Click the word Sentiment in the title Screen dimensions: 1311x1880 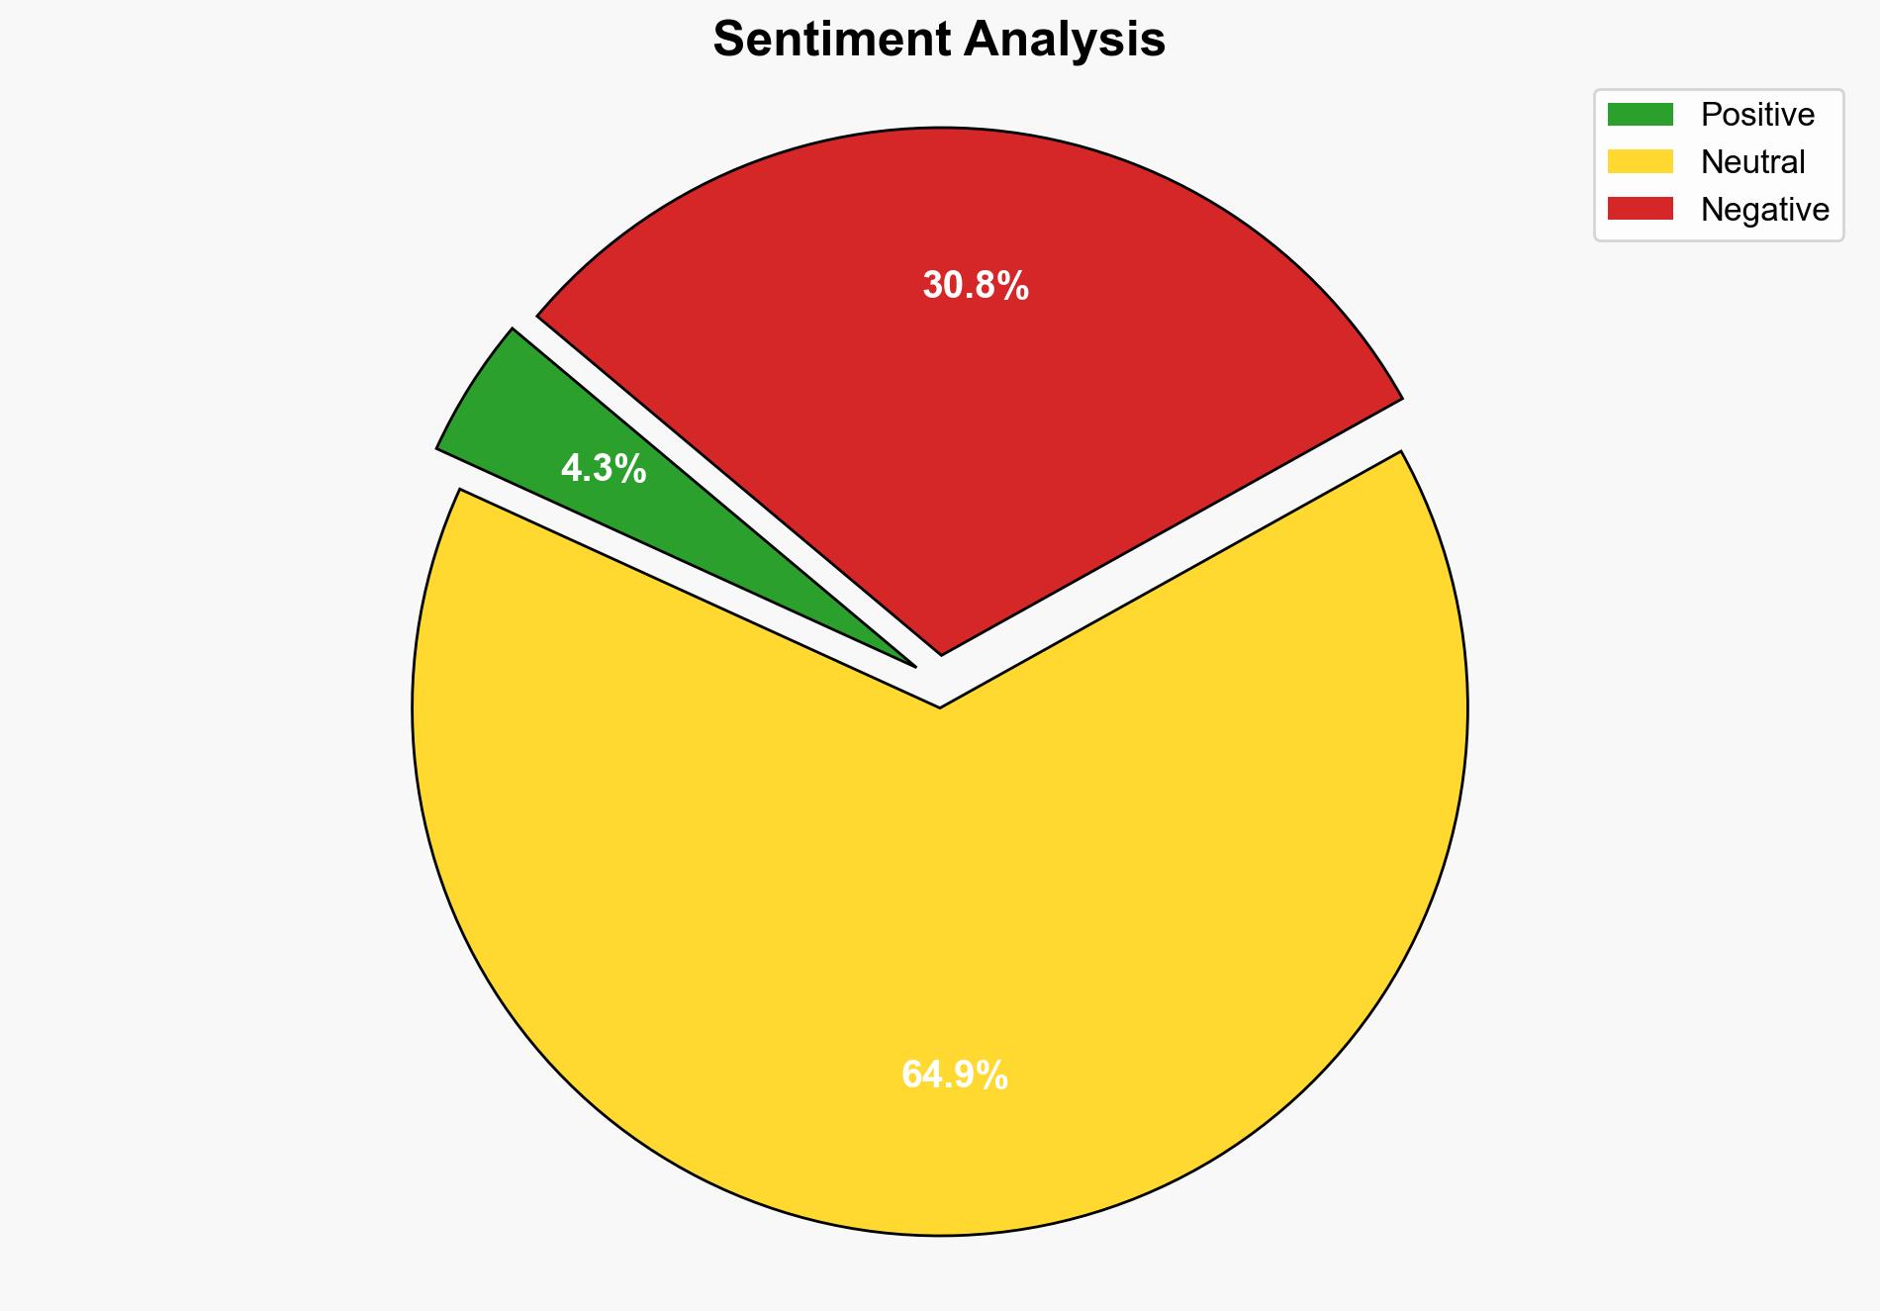point(833,41)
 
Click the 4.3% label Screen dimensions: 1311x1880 point(604,468)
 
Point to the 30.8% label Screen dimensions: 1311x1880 point(976,286)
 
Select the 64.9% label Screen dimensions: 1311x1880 point(955,1075)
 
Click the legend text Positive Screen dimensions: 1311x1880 point(1757,115)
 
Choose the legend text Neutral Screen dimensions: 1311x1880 point(1752,162)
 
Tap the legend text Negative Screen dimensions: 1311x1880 point(1764,210)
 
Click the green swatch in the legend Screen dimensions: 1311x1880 point(1640,115)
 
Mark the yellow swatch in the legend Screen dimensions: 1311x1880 point(1640,161)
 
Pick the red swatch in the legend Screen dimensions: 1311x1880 point(1640,209)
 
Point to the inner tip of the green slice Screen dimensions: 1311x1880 point(912,664)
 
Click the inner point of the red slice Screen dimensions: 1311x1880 point(941,651)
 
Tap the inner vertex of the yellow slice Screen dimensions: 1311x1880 point(939,705)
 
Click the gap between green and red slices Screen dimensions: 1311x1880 point(693,475)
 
